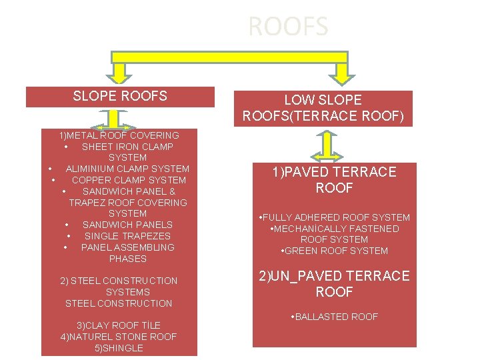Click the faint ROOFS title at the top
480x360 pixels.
[287, 27]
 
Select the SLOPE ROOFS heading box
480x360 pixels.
[120, 97]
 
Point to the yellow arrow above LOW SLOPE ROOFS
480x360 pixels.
[341, 72]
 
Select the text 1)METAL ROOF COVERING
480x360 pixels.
[119, 135]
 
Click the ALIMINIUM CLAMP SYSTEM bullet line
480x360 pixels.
[127, 169]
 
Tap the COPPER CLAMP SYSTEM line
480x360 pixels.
[129, 180]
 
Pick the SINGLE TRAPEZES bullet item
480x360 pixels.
[127, 236]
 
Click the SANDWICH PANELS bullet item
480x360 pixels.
[127, 225]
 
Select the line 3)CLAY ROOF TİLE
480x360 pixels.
[119, 325]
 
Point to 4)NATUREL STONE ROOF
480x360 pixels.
[119, 337]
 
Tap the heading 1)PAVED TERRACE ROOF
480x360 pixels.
[334, 180]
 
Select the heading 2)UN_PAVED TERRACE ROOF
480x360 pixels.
[334, 284]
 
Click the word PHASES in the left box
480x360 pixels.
[127, 259]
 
